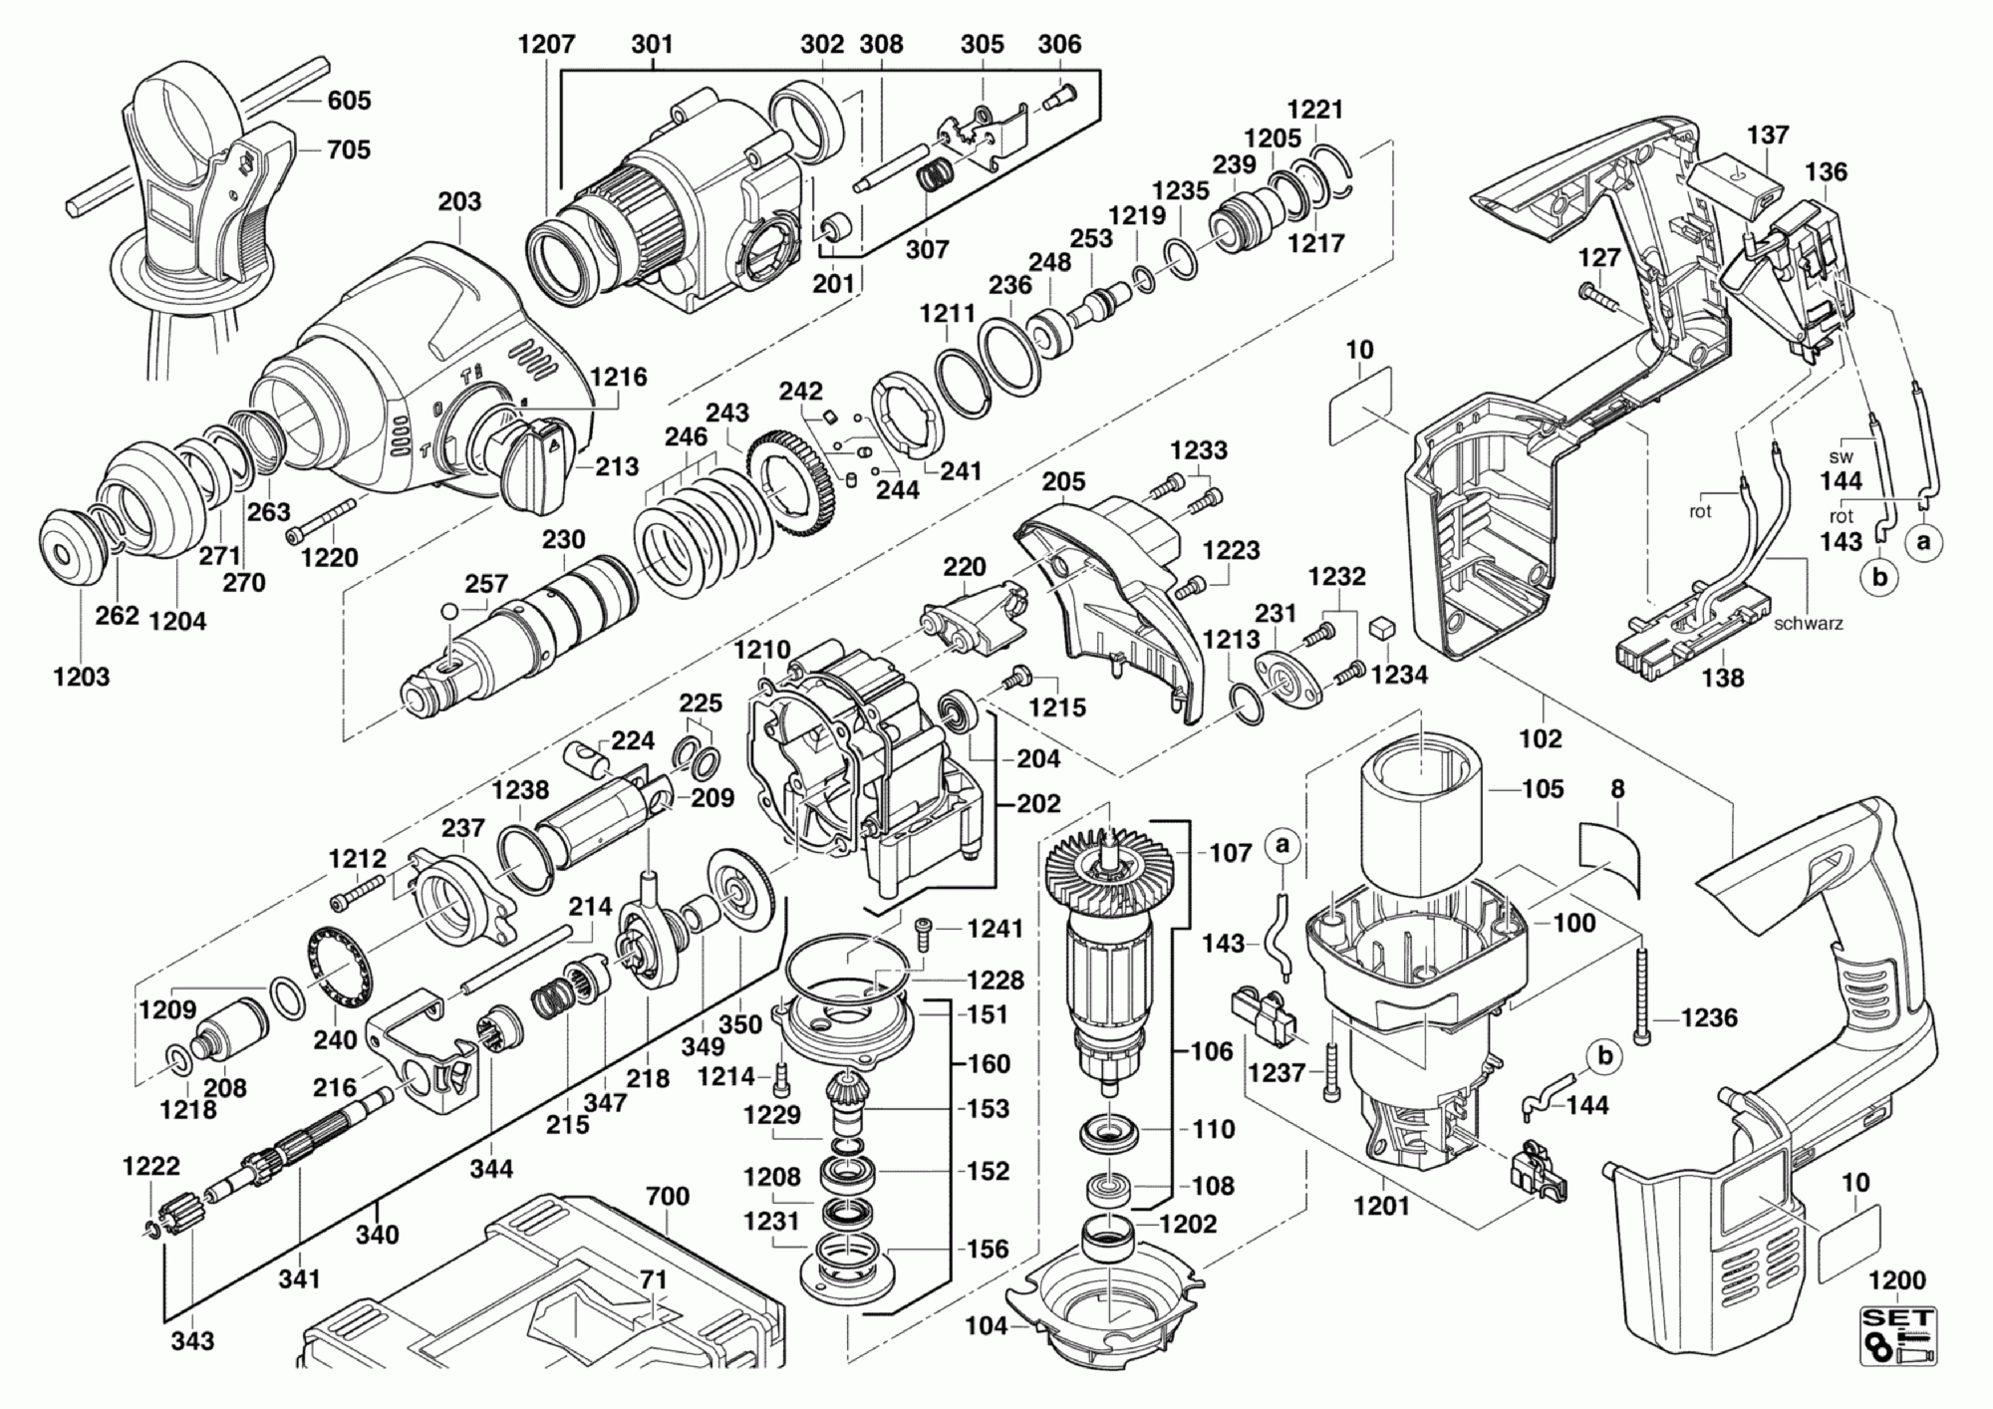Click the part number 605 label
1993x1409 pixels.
[349, 101]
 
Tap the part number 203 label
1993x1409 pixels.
[459, 202]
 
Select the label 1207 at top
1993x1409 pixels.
[547, 45]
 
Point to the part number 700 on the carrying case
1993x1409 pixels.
[668, 1196]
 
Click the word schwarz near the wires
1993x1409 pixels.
[1809, 624]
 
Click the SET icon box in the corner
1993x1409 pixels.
[1898, 1338]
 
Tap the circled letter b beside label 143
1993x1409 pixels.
[1879, 578]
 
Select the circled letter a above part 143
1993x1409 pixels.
[1282, 845]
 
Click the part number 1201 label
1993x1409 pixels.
[1382, 1207]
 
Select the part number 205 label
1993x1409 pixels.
[1063, 482]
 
